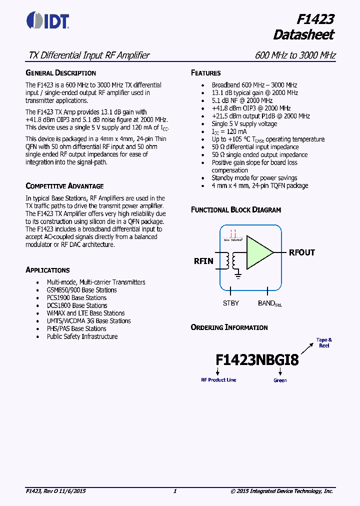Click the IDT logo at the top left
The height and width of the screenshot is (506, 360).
pos(48,20)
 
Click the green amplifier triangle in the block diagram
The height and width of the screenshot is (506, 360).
pos(258,251)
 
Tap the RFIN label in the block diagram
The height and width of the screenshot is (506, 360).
pos(203,261)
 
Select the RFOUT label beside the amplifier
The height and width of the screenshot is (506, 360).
pos(301,252)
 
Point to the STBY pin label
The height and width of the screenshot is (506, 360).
pos(230,303)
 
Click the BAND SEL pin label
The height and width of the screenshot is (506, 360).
pos(269,303)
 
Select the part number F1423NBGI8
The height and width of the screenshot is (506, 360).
pos(257,360)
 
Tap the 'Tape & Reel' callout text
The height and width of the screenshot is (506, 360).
pos(324,343)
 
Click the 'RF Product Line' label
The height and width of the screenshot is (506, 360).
pos(218,380)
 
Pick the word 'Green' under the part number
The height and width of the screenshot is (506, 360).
pos(280,380)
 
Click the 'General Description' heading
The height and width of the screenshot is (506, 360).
pos(60,73)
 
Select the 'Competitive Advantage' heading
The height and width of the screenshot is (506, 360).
pos(64,186)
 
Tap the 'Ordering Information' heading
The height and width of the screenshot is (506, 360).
pos(229,327)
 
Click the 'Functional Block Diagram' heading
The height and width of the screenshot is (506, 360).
pos(235,210)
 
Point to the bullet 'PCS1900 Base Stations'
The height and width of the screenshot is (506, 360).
pos(77,298)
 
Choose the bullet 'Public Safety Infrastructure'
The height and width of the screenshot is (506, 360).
pos(82,336)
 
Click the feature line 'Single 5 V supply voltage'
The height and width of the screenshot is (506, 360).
pos(244,123)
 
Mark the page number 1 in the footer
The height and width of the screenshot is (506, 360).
pos(174,491)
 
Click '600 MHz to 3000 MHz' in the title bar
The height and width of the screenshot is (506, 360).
pos(295,55)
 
